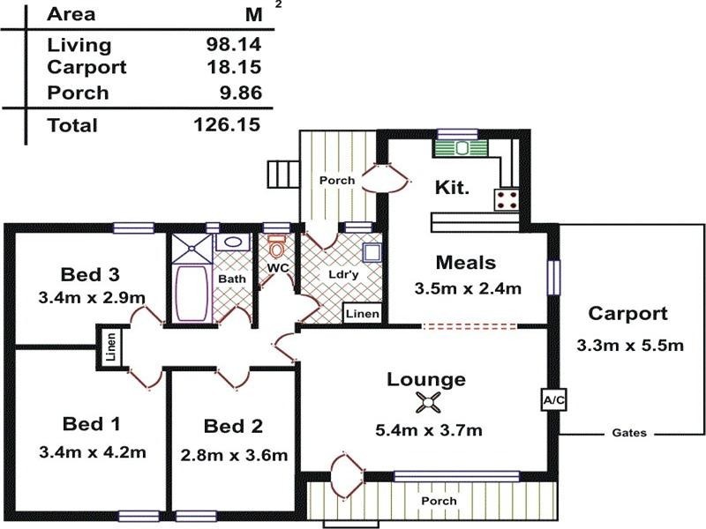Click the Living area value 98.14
(x=227, y=45)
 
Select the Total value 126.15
(x=227, y=124)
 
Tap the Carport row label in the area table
(x=86, y=67)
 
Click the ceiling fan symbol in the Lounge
(x=428, y=404)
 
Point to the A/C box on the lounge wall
(x=553, y=400)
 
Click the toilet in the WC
(x=277, y=244)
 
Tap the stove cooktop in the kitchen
(x=507, y=198)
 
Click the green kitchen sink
(x=459, y=147)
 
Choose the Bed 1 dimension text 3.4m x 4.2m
(x=93, y=453)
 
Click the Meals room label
(x=466, y=262)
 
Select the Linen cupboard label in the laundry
(x=363, y=314)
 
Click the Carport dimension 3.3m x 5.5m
(x=629, y=345)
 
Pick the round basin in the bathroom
(x=234, y=242)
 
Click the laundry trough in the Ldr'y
(x=372, y=252)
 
